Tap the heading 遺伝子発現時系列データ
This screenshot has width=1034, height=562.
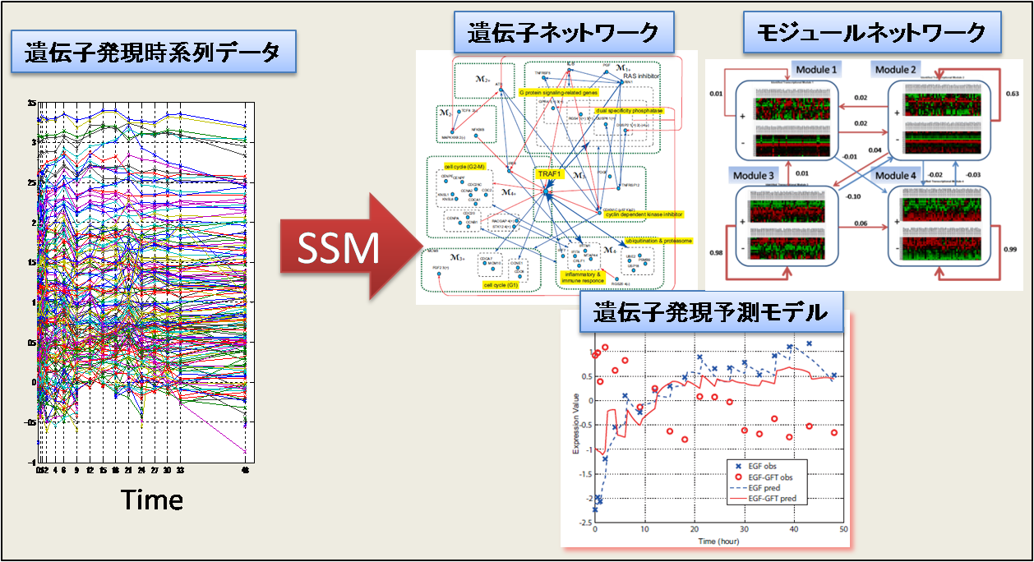pyautogui.click(x=151, y=55)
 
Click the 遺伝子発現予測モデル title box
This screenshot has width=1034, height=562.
pyautogui.click(x=703, y=312)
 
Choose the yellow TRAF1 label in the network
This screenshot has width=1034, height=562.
pyautogui.click(x=548, y=174)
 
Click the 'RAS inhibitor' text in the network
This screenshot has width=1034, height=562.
pyautogui.click(x=641, y=76)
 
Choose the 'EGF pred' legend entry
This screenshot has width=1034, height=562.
pyautogui.click(x=764, y=487)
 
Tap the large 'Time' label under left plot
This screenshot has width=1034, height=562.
pyautogui.click(x=152, y=499)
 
